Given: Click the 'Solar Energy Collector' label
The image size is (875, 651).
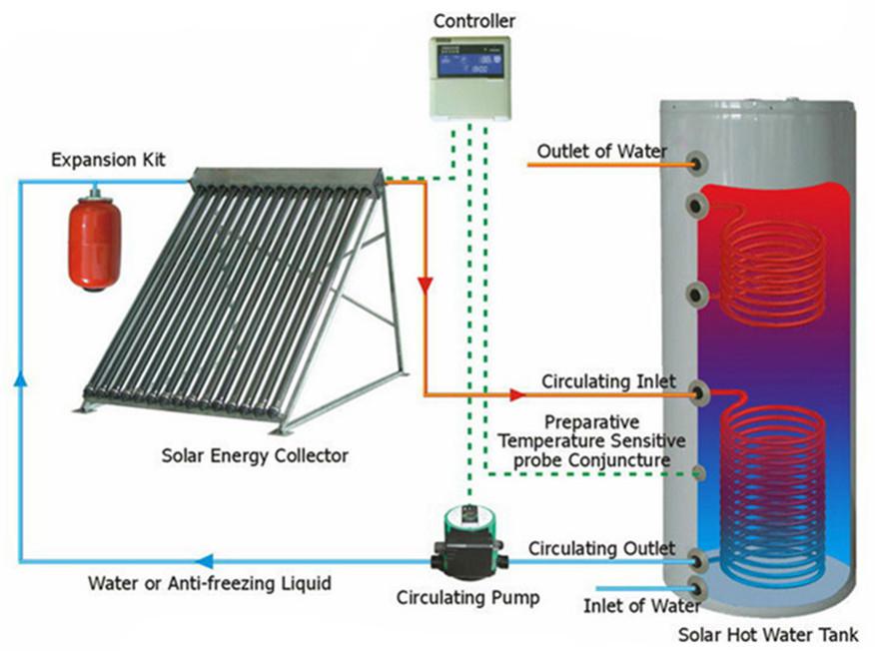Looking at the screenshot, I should [x=255, y=455].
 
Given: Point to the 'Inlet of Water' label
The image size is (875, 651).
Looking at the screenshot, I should [x=628, y=605].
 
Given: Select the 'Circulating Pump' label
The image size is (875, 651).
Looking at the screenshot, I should [x=468, y=599].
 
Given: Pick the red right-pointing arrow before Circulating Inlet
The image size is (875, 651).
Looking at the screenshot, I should [x=516, y=395].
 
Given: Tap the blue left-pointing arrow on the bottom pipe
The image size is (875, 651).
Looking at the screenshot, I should [x=203, y=561].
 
